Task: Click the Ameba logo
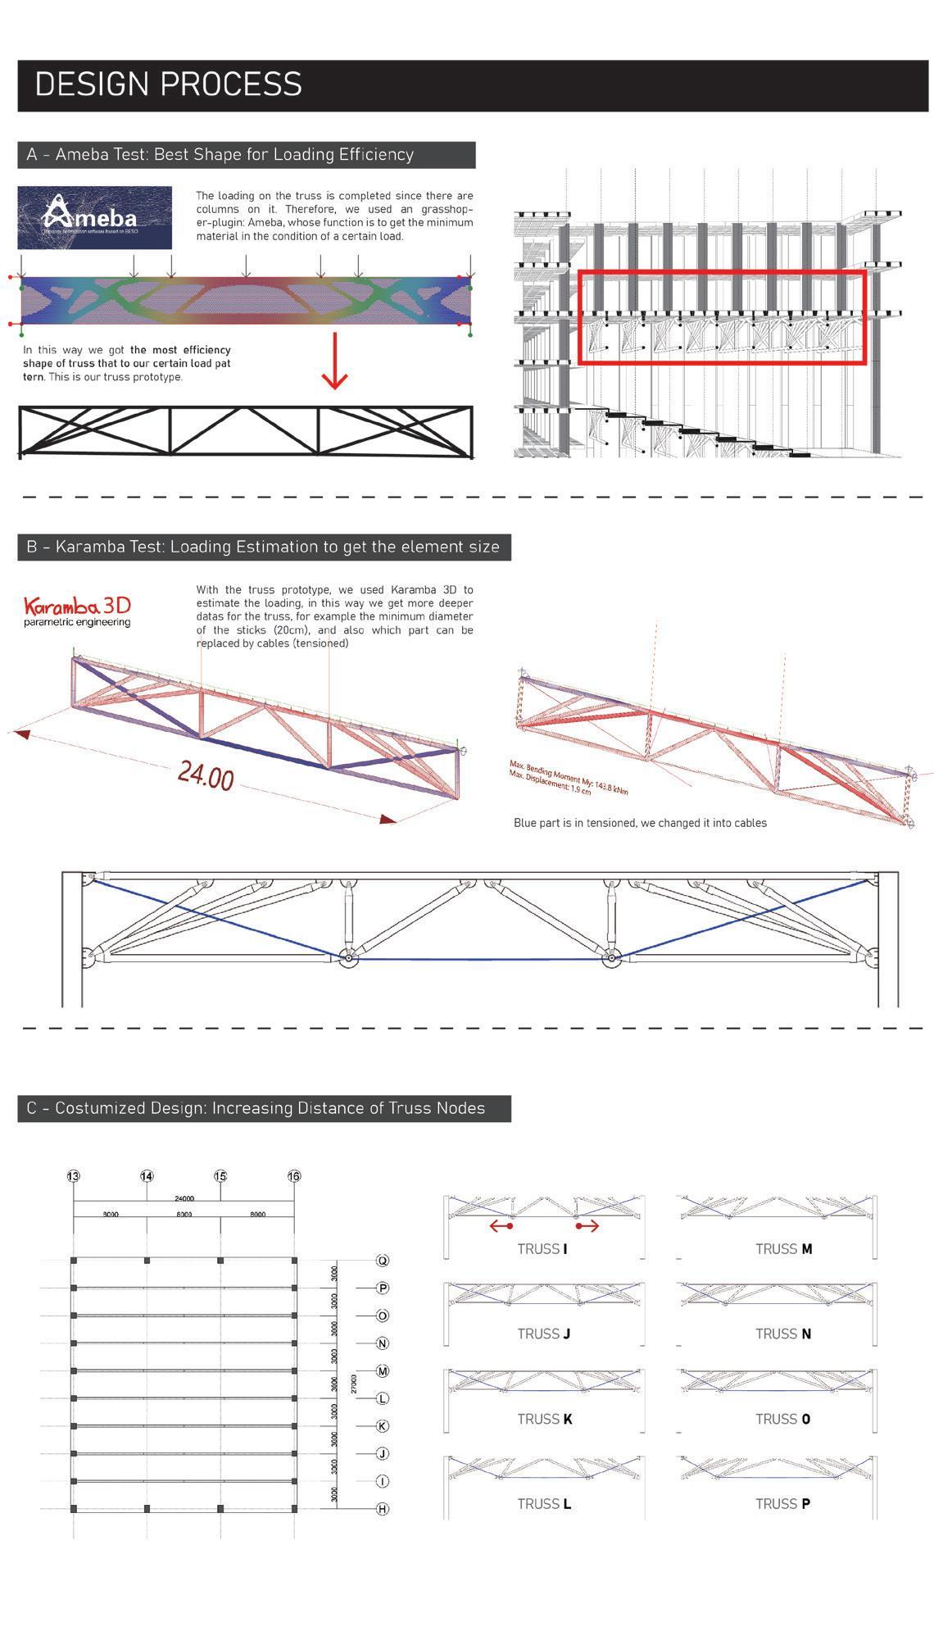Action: tap(94, 217)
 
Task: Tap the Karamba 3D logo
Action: tap(77, 611)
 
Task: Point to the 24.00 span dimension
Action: tap(206, 775)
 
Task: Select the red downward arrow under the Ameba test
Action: tap(334, 361)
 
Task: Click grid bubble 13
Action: tap(73, 1176)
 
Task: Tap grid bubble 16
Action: tap(294, 1176)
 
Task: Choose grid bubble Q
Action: tap(382, 1261)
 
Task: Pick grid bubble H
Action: tap(382, 1509)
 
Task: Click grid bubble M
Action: tap(382, 1371)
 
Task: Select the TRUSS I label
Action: tap(542, 1249)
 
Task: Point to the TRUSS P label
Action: tap(782, 1504)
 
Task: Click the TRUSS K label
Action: tap(544, 1419)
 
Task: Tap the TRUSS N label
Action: tap(782, 1334)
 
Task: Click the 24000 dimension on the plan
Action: tap(184, 1198)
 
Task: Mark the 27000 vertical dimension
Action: tap(354, 1384)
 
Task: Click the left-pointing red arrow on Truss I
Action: tap(501, 1226)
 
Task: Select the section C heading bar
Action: tap(264, 1108)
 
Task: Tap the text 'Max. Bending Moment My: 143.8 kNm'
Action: tap(569, 778)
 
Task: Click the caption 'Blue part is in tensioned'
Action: tap(640, 823)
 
